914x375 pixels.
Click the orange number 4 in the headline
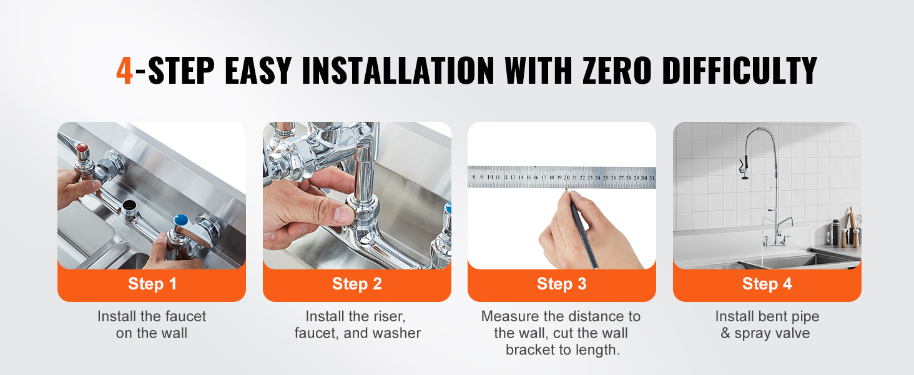(x=124, y=70)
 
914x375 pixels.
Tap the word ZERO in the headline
(x=617, y=70)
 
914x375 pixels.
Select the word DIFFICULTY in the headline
(x=740, y=70)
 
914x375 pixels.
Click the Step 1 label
(x=152, y=284)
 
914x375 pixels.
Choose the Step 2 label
(x=357, y=284)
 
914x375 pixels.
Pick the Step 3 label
(x=562, y=284)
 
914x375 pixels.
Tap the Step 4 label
(x=767, y=284)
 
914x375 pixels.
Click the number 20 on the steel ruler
(x=567, y=177)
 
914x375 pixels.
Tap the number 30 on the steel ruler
(x=644, y=177)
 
